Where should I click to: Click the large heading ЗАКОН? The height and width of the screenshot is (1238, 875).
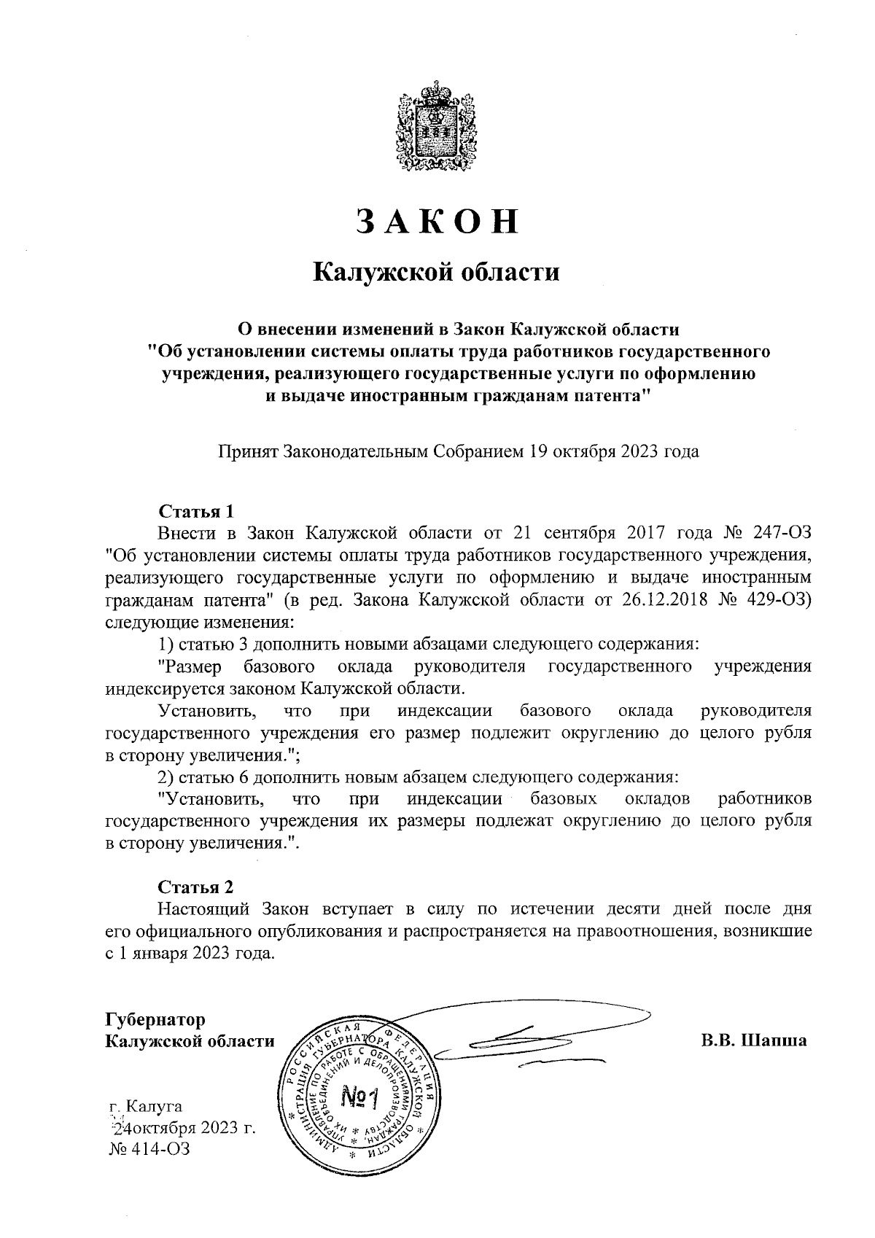pos(437,222)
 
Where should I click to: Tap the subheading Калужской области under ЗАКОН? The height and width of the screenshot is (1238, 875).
pos(436,273)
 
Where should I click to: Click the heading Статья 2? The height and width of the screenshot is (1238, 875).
pos(196,887)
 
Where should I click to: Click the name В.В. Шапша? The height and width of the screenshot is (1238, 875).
pos(753,1040)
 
